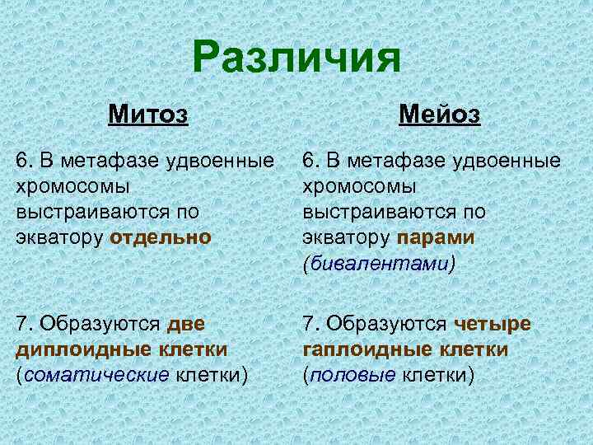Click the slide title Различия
[x=297, y=59]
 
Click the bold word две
[x=186, y=323]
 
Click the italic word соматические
[x=98, y=375]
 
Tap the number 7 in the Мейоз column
[x=309, y=323]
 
